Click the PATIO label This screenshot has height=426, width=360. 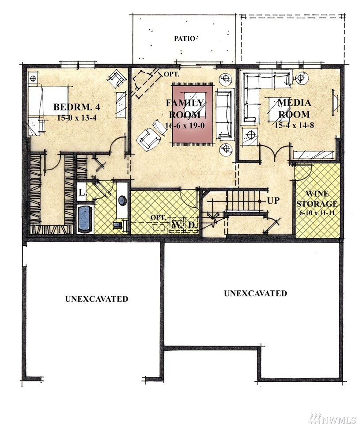(185, 38)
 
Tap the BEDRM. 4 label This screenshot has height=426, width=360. (76, 107)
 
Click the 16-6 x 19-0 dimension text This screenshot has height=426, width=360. (185, 125)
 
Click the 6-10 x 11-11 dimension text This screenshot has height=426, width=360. (317, 213)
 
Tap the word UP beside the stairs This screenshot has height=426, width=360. (273, 201)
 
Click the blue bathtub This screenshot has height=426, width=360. (85, 218)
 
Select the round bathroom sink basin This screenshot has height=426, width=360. (122, 200)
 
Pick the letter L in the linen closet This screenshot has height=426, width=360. (82, 193)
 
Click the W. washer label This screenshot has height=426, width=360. (177, 225)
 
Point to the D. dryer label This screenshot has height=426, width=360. (192, 225)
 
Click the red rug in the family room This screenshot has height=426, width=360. (193, 114)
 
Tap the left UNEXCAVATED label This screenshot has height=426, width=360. (97, 299)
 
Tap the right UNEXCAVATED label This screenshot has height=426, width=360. (255, 293)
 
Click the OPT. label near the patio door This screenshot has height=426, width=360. (171, 74)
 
